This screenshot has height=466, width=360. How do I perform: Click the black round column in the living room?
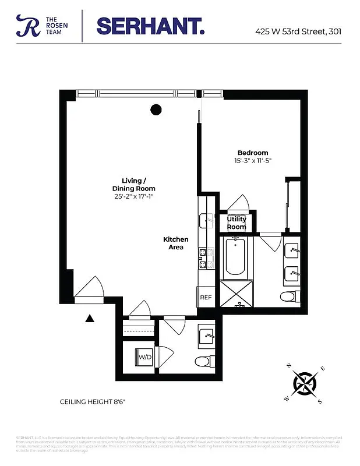(156, 109)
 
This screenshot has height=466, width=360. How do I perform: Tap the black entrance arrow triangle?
(89, 318)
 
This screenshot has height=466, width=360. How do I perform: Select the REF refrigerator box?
(206, 297)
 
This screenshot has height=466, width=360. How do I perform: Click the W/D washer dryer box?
(144, 356)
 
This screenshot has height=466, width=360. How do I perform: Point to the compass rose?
(306, 383)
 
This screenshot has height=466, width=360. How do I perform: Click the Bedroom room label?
(252, 153)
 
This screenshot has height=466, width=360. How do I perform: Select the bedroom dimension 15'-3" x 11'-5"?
(253, 160)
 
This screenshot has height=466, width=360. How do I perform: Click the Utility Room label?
(237, 223)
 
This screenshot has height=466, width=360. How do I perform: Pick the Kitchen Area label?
(175, 243)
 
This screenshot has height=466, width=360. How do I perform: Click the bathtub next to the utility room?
(236, 256)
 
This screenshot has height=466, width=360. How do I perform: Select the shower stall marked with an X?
(236, 294)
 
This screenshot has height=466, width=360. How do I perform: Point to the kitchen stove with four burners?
(203, 259)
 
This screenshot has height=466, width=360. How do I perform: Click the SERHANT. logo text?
(150, 26)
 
